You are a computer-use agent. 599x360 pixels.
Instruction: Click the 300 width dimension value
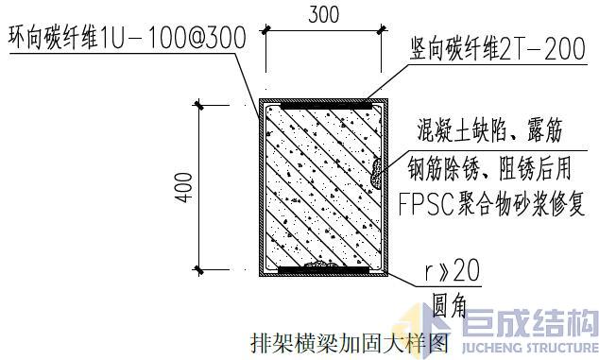pos(324,14)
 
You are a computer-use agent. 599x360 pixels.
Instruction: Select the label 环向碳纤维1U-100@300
pos(126,40)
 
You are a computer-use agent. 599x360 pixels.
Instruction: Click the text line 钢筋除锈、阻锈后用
pos(489,167)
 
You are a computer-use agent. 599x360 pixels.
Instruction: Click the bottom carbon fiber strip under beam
pos(323,270)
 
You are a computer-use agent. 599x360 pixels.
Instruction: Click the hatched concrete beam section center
pos(321,186)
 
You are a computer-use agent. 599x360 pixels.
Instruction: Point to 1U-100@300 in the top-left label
pos(184,40)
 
